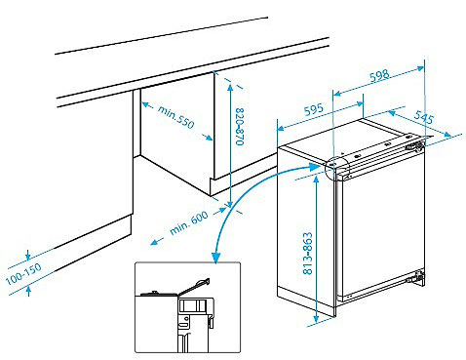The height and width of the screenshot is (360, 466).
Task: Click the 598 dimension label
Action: pos(379,76)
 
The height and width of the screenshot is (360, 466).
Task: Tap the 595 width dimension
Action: pos(314,109)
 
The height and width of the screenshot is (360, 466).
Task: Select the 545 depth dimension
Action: pos(424,117)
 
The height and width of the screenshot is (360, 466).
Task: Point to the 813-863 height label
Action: pos(307,253)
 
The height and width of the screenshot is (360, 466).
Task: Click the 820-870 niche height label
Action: pos(240,126)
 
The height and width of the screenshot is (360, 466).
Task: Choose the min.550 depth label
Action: pos(175,117)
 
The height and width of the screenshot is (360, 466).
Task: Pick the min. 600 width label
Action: pos(189,222)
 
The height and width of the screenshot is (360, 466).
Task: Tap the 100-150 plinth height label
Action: pos(23,273)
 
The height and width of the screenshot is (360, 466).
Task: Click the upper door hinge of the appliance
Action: pos(415,145)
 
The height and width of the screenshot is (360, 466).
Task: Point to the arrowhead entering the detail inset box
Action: pos(215,258)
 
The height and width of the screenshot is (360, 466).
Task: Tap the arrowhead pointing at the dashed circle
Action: pos(315,168)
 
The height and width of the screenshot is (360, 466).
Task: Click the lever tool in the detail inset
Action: pos(194,286)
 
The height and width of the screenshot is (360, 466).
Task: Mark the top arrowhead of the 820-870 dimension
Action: pos(230,88)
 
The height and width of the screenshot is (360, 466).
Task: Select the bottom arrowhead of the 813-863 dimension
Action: pos(316,318)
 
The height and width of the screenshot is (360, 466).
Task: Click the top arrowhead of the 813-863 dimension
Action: pos(316,180)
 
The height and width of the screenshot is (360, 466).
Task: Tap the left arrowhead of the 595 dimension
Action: pos(281,128)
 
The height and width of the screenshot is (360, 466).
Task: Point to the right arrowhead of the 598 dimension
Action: pos(420,69)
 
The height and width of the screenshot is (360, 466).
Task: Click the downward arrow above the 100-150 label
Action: pos(28,255)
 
